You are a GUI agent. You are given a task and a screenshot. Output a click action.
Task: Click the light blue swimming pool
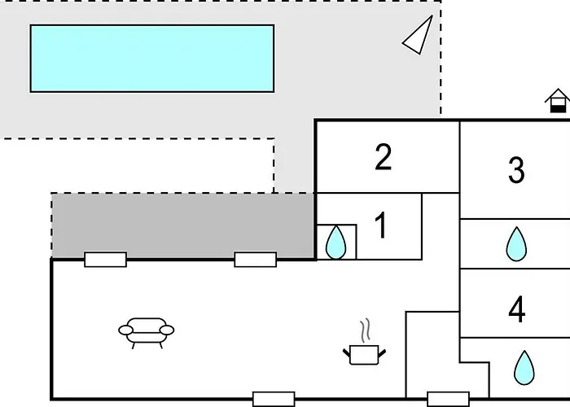152,59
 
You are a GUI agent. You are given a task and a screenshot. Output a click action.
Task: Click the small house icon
558,101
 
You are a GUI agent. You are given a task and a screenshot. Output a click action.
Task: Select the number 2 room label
384,157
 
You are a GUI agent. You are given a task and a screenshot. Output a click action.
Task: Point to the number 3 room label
516,169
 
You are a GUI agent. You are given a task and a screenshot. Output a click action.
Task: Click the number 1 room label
380,225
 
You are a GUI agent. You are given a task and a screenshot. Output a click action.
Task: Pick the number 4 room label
516,309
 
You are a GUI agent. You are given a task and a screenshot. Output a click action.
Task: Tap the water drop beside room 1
335,243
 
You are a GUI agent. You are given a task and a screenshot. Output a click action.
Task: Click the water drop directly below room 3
516,244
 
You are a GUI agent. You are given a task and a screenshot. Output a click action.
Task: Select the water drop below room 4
524,367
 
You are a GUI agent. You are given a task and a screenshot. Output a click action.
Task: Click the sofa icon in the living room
146,333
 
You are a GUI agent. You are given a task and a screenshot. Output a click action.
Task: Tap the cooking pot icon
364,355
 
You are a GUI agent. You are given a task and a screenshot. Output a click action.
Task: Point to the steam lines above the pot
366,330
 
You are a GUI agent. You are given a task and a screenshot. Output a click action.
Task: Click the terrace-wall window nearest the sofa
105,260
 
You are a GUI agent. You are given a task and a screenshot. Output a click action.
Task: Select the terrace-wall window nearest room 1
255,260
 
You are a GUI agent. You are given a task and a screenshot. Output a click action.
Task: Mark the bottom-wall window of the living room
274,399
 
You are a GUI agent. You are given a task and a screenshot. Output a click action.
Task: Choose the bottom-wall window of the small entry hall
448,399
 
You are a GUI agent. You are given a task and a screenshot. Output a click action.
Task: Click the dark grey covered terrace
183,225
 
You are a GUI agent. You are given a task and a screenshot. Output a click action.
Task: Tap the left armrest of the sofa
125,330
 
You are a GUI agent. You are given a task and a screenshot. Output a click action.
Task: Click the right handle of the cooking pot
382,352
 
